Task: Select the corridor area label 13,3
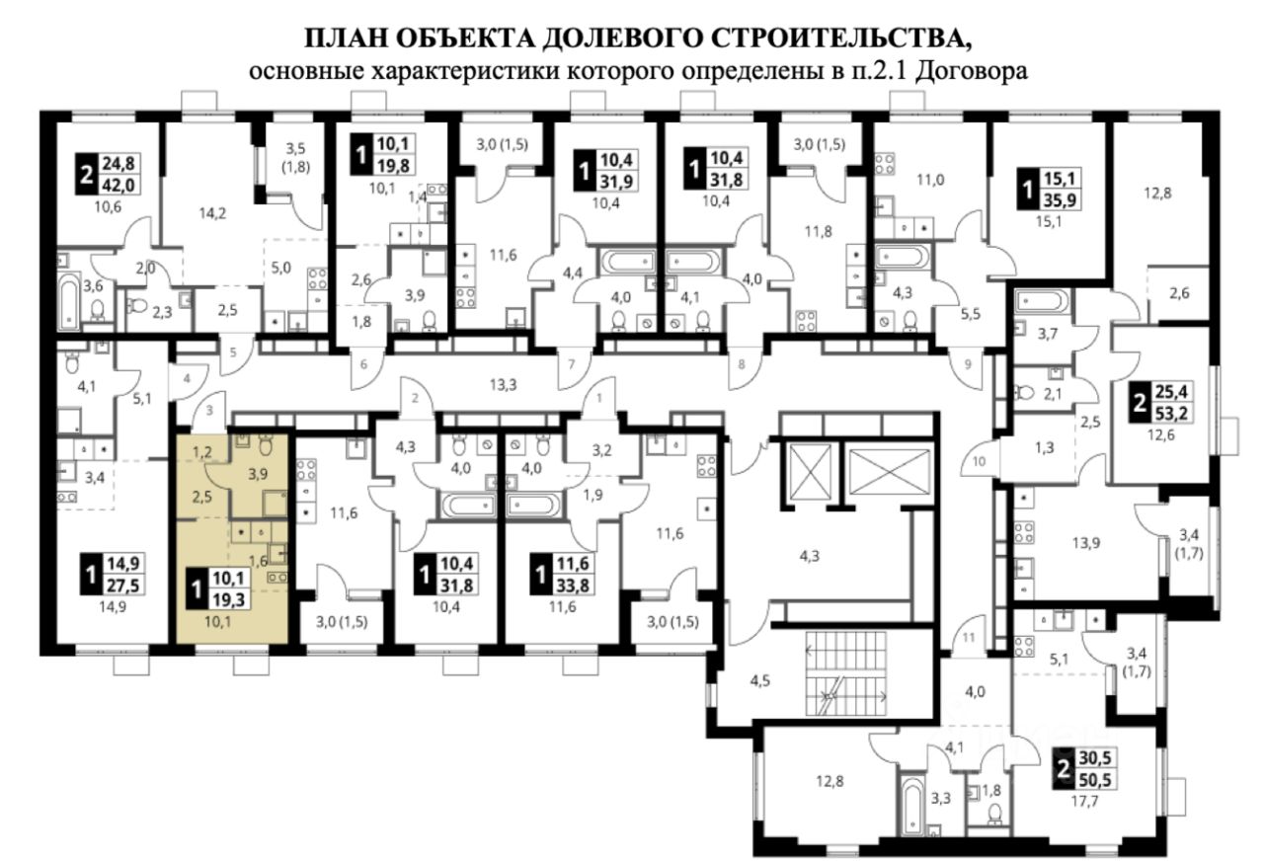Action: pos(502,384)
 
